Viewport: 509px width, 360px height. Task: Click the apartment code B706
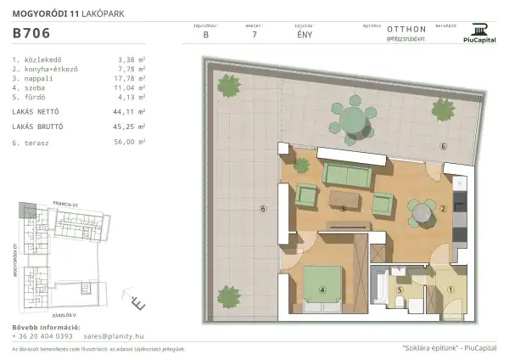pos(31,35)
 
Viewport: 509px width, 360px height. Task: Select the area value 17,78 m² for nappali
pos(133,78)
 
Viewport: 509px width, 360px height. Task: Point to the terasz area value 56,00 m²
pos(133,143)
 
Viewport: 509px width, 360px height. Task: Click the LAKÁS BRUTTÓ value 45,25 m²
pos(133,127)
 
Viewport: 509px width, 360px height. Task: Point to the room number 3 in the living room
pos(342,208)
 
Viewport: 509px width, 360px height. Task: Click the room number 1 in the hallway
pos(450,289)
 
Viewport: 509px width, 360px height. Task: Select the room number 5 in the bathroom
pos(398,289)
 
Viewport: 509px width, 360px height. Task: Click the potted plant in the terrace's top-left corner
pos(227,85)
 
